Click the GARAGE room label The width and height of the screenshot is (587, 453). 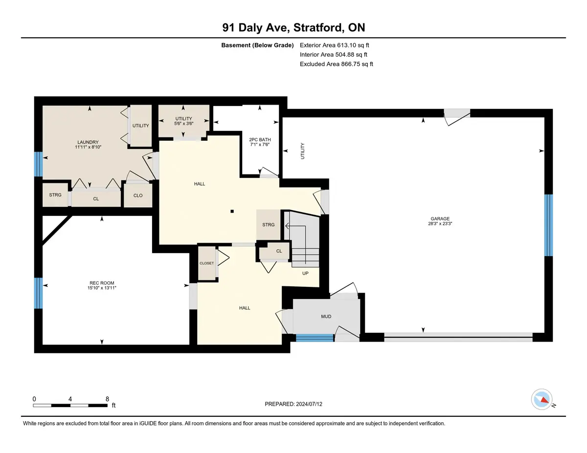pos(440,218)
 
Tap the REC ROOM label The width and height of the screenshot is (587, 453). pos(102,283)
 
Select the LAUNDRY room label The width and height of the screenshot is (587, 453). pos(88,142)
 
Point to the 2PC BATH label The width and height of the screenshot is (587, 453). pos(260,139)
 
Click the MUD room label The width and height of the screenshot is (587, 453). pos(326,316)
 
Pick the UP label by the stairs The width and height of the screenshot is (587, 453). pos(305,273)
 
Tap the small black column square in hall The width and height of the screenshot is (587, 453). pos(232,211)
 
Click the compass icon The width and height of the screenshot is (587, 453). pos(542,399)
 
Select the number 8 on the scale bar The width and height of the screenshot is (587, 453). pos(107,399)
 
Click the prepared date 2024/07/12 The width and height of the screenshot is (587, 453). pos(309,404)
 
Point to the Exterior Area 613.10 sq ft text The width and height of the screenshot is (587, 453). pos(335,45)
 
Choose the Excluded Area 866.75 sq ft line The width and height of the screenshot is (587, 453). pos(337,64)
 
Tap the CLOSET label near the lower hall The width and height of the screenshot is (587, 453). pos(206,263)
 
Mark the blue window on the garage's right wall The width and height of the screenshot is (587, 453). pos(548,225)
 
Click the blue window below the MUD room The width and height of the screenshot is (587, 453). pos(315,338)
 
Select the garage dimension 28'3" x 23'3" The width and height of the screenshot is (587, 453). pos(440,223)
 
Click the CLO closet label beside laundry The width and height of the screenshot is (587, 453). pos(138,195)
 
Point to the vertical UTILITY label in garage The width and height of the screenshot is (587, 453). pos(302,151)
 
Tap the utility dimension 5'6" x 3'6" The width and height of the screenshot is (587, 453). pos(184,123)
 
